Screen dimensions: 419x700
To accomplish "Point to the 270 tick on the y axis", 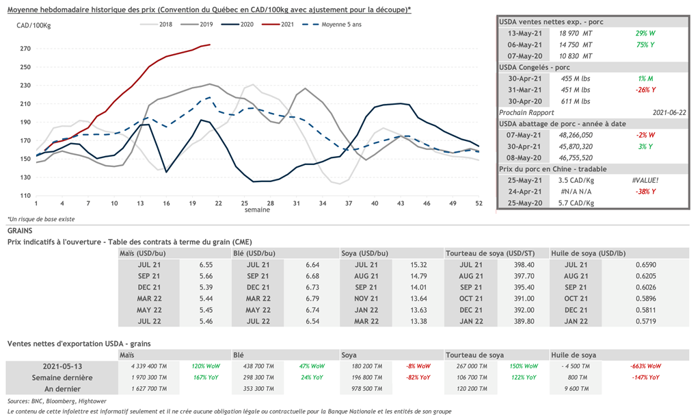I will tap(25, 49).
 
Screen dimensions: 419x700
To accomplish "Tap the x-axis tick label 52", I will tap(479, 203).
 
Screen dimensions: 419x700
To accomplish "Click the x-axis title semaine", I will tap(257, 210).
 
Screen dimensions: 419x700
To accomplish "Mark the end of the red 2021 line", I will tap(210, 45).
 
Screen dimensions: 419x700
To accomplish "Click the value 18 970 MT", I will tap(575, 33).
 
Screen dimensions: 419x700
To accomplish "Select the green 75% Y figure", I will tap(645, 45).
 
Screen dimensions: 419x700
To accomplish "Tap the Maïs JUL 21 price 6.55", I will tap(207, 264).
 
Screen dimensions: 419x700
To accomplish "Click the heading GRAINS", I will tap(21, 231).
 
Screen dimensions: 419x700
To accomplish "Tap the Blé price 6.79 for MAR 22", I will tap(313, 299).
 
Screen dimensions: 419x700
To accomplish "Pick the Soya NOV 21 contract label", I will tap(366, 299).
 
